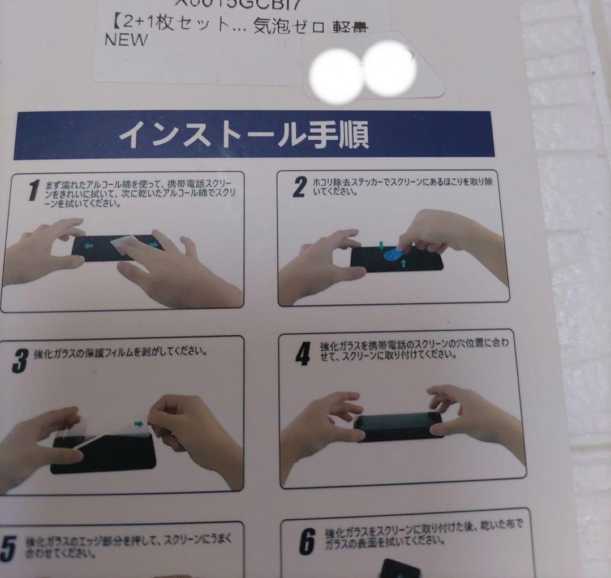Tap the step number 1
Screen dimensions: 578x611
pyautogui.click(x=33, y=191)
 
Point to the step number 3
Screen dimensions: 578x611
pyautogui.click(x=20, y=360)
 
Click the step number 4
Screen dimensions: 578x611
pyautogui.click(x=303, y=354)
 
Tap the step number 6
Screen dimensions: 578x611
pyautogui.click(x=306, y=541)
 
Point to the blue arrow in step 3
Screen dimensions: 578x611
pyautogui.click(x=139, y=422)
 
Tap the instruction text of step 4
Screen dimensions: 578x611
pyautogui.click(x=413, y=350)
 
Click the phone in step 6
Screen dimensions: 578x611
pyautogui.click(x=399, y=568)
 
